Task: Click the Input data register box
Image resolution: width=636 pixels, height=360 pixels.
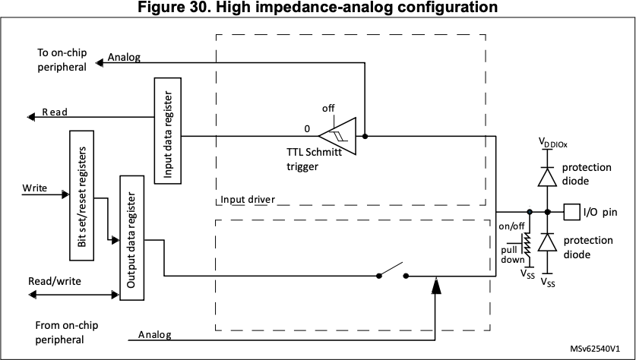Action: coord(167,131)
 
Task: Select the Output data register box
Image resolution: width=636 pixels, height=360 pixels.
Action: coord(131,238)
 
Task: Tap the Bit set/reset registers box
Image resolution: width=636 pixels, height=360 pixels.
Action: coord(81,195)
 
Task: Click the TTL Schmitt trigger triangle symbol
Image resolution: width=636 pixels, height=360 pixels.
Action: coord(337,136)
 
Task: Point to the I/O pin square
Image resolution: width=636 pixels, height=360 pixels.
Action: coord(572,212)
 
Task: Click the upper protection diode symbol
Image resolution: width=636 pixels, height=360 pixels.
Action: coord(547,177)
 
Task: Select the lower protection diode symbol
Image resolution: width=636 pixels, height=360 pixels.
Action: coord(547,242)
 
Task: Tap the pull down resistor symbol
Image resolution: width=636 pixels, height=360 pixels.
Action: coord(527,245)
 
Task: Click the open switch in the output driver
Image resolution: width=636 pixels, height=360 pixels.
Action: coord(392,271)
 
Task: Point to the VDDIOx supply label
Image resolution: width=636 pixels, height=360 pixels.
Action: coord(553,143)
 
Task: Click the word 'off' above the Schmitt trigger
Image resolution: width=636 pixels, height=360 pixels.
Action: coord(328,109)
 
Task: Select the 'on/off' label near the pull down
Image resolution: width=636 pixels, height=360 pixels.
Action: coord(511,226)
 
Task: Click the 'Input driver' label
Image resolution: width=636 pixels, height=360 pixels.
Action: coord(248,200)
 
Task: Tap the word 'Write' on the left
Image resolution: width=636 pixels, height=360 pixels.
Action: coord(34,188)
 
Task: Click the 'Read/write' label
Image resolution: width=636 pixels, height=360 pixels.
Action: coord(55,281)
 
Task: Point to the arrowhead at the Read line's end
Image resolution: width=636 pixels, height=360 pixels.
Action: coord(31,117)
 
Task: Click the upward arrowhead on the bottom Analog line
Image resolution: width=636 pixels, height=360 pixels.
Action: coord(435,286)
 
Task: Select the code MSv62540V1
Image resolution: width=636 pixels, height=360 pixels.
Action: coord(595,349)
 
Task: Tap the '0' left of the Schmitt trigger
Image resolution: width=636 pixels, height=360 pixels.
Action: coord(307,129)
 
